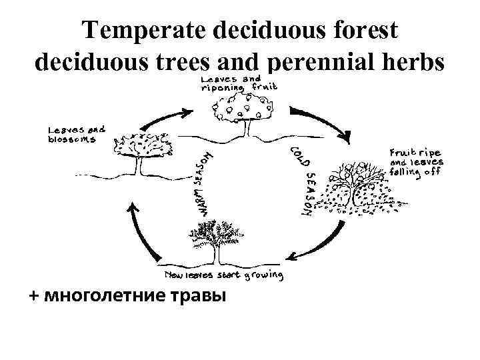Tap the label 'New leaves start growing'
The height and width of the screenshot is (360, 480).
coord(224,275)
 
